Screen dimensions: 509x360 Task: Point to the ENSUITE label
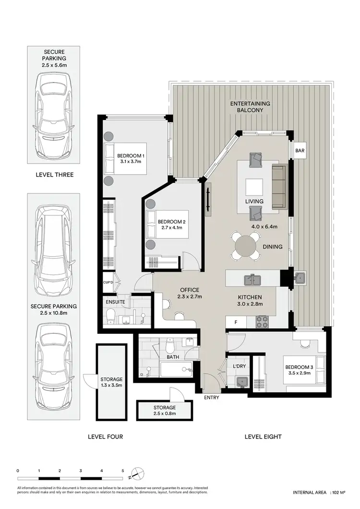pos(116,302)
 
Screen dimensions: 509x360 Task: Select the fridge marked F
pos(235,322)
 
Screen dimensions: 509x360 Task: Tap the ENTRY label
pos(211,398)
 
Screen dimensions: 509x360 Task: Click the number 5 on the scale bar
pos(123,471)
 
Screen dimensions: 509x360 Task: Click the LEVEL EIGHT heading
pos(263,437)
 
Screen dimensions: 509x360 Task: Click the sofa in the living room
pos(279,187)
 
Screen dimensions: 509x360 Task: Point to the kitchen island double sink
pos(252,279)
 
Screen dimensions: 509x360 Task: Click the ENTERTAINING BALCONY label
pos(250,107)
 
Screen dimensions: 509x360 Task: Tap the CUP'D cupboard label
pos(108,282)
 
